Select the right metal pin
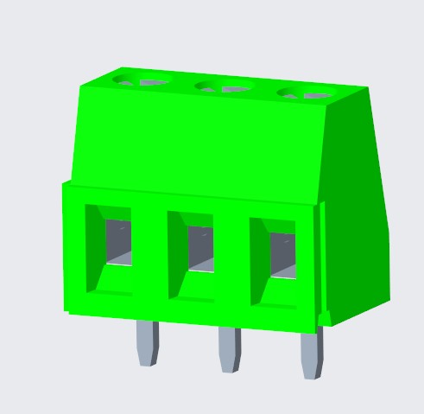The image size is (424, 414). [x=311, y=351]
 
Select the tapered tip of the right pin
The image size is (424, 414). [x=312, y=371]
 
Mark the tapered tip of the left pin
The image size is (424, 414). [x=149, y=359]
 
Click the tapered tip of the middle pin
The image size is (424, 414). [x=229, y=366]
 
